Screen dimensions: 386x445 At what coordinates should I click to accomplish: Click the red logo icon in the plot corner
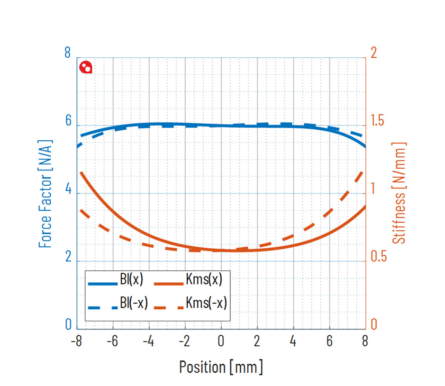(86, 68)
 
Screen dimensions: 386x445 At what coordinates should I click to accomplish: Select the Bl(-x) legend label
(134, 303)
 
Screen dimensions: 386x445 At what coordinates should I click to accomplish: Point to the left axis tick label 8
(67, 52)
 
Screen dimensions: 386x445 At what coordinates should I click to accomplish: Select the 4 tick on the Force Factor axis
(68, 191)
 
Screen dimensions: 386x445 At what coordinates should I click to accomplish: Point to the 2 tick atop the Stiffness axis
(373, 52)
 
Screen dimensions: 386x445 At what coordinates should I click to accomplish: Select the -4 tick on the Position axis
(148, 341)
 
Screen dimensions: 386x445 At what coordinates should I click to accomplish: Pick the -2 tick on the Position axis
(185, 341)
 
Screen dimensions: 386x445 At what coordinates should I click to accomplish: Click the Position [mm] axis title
(221, 367)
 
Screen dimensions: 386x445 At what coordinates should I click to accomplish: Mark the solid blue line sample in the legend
(102, 284)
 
